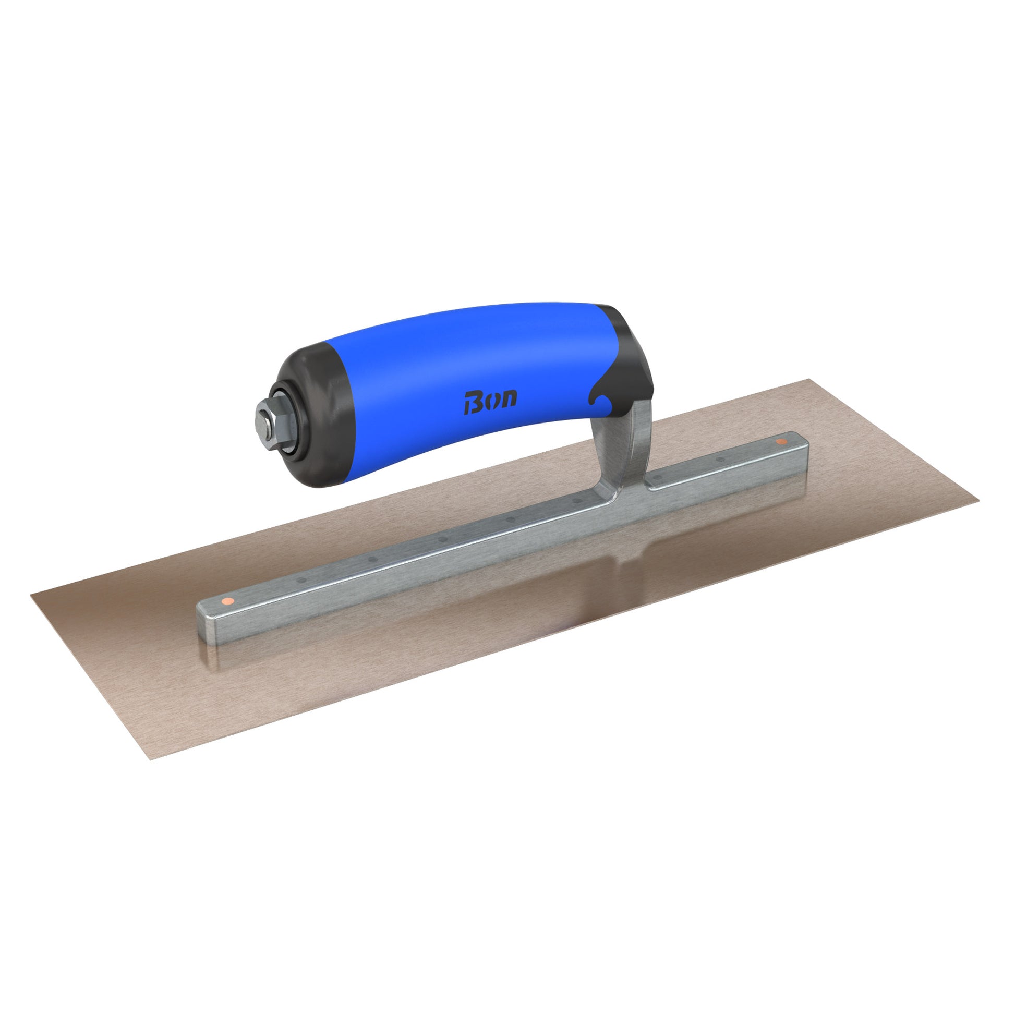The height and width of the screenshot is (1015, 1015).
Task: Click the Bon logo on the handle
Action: point(490,402)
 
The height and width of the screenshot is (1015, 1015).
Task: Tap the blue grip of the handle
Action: point(462,383)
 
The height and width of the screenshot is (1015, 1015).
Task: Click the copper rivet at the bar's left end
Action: point(227,600)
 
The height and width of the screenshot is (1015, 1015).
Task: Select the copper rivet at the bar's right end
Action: point(781,442)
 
